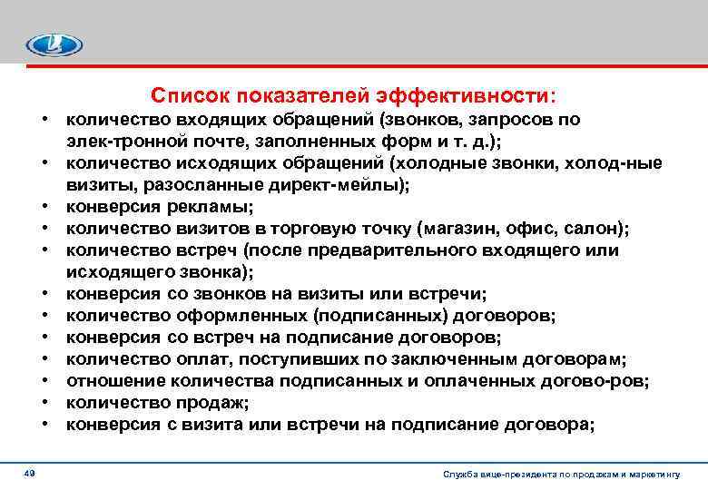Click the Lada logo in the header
pyautogui.click(x=54, y=44)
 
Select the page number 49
pyautogui.click(x=30, y=474)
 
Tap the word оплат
pyautogui.click(x=205, y=358)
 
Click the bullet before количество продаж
pyautogui.click(x=44, y=402)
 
